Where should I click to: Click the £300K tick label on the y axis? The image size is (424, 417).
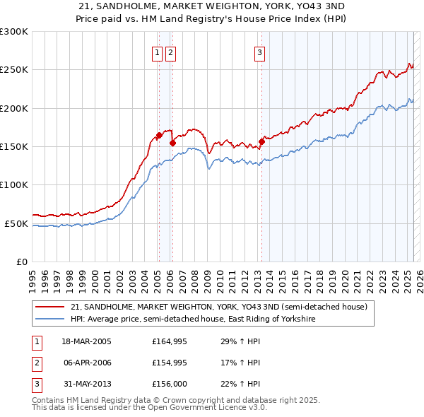(x=14, y=32)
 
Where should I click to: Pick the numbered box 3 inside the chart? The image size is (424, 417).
(x=259, y=52)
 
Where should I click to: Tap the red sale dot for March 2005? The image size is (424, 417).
(x=159, y=136)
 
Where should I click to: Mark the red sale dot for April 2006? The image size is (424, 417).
(x=172, y=143)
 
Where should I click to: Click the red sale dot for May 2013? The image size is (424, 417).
(x=261, y=141)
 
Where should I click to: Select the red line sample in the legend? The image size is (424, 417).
(x=49, y=307)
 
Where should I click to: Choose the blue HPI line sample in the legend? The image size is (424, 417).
(x=49, y=319)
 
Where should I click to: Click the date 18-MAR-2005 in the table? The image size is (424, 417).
(x=87, y=341)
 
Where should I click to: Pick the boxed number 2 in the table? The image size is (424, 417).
(x=36, y=363)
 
